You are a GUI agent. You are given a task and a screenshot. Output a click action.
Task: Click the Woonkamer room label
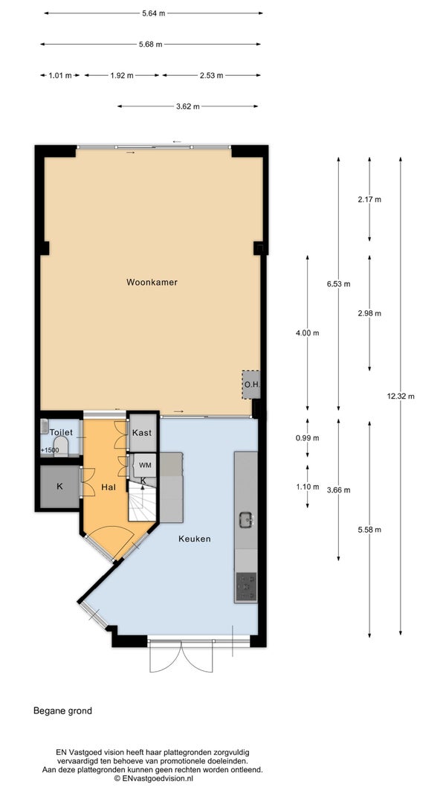(152, 282)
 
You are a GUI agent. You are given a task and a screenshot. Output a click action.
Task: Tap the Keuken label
(194, 539)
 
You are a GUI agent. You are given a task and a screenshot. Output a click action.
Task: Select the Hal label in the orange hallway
(108, 487)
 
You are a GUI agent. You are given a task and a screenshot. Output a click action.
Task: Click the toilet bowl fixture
(61, 447)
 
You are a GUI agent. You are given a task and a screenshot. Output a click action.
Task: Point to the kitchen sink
(246, 519)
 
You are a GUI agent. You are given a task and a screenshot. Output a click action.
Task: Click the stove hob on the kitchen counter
(246, 587)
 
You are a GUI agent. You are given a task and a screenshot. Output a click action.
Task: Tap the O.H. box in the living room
(251, 385)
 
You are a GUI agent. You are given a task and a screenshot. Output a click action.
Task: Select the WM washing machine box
(145, 465)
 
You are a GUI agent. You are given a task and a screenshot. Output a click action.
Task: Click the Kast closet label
(141, 433)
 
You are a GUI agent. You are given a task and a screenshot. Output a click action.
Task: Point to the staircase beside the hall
(143, 501)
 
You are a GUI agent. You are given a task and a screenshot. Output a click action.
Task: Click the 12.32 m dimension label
(401, 396)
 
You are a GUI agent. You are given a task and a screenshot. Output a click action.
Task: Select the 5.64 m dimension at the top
(154, 13)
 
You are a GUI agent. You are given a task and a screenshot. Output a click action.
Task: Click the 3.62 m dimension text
(187, 106)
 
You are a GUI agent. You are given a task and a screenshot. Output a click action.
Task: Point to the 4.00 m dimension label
(308, 333)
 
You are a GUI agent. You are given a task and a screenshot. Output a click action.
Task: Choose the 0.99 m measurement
(308, 438)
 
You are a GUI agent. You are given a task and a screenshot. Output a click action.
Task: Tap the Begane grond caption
(62, 710)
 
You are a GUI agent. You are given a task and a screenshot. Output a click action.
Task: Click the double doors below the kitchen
(181, 656)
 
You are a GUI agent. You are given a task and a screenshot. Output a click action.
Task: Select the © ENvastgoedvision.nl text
(154, 778)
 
